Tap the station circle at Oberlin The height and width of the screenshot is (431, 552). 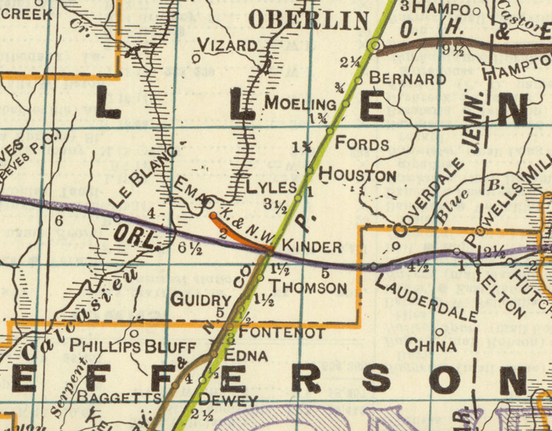[375, 45]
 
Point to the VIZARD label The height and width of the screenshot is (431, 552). [228, 45]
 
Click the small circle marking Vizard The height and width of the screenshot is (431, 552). [196, 58]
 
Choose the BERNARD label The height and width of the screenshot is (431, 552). [407, 79]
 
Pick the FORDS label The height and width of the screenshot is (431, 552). [362, 144]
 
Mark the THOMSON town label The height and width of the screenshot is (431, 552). [309, 287]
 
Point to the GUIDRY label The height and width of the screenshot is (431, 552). [201, 300]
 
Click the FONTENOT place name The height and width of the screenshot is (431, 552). [281, 333]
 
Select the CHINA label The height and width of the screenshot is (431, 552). [431, 346]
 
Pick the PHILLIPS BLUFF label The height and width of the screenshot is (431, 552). [132, 346]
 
